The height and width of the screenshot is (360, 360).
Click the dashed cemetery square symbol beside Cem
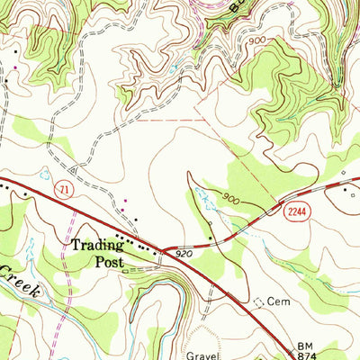coord(261,302)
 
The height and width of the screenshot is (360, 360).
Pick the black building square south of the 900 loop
coord(211,238)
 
